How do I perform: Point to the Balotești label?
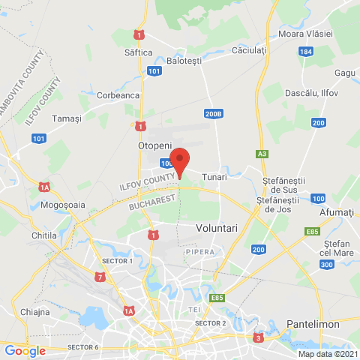pyautogui.click(x=184, y=61)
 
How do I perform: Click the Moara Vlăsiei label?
pyautogui.click(x=304, y=35)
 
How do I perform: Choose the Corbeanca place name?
pyautogui.click(x=118, y=95)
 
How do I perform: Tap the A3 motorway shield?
pyautogui.click(x=262, y=154)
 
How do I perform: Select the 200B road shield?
pyautogui.click(x=213, y=113)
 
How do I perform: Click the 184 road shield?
pyautogui.click(x=304, y=52)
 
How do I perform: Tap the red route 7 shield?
pyautogui.click(x=100, y=277)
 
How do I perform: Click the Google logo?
pyautogui.click(x=25, y=350)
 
